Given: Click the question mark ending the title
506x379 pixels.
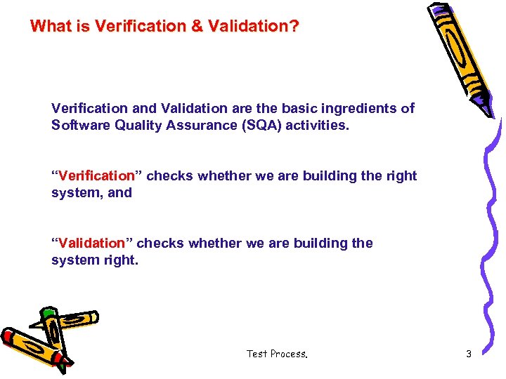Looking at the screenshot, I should click(x=294, y=27).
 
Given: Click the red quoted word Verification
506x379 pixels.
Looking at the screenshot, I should click(x=96, y=176).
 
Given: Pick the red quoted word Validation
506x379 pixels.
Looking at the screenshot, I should click(x=91, y=244).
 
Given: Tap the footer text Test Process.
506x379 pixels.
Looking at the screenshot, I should click(x=277, y=354).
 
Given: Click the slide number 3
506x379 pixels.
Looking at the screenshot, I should click(x=469, y=354).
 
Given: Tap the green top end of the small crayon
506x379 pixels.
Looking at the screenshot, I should click(x=48, y=313).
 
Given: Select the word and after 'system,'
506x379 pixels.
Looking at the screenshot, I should click(x=119, y=192).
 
